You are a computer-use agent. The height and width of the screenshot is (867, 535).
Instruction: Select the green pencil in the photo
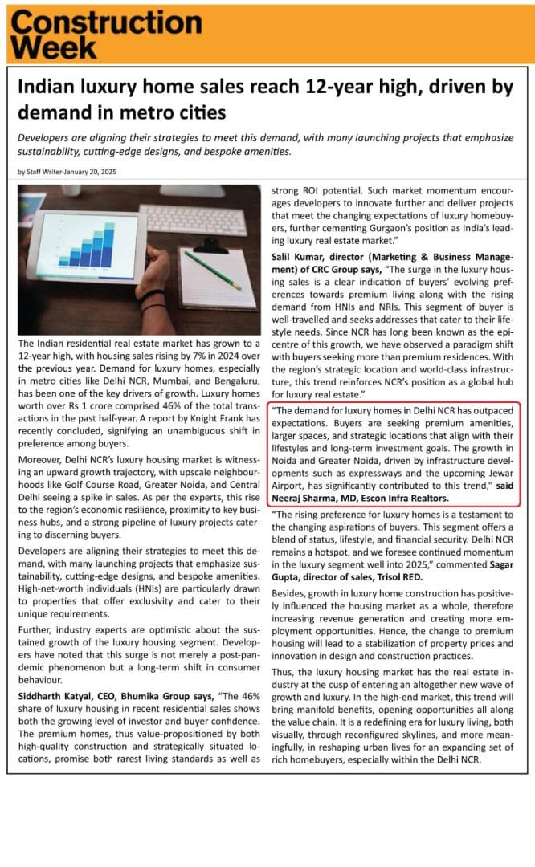pos(212,270)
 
